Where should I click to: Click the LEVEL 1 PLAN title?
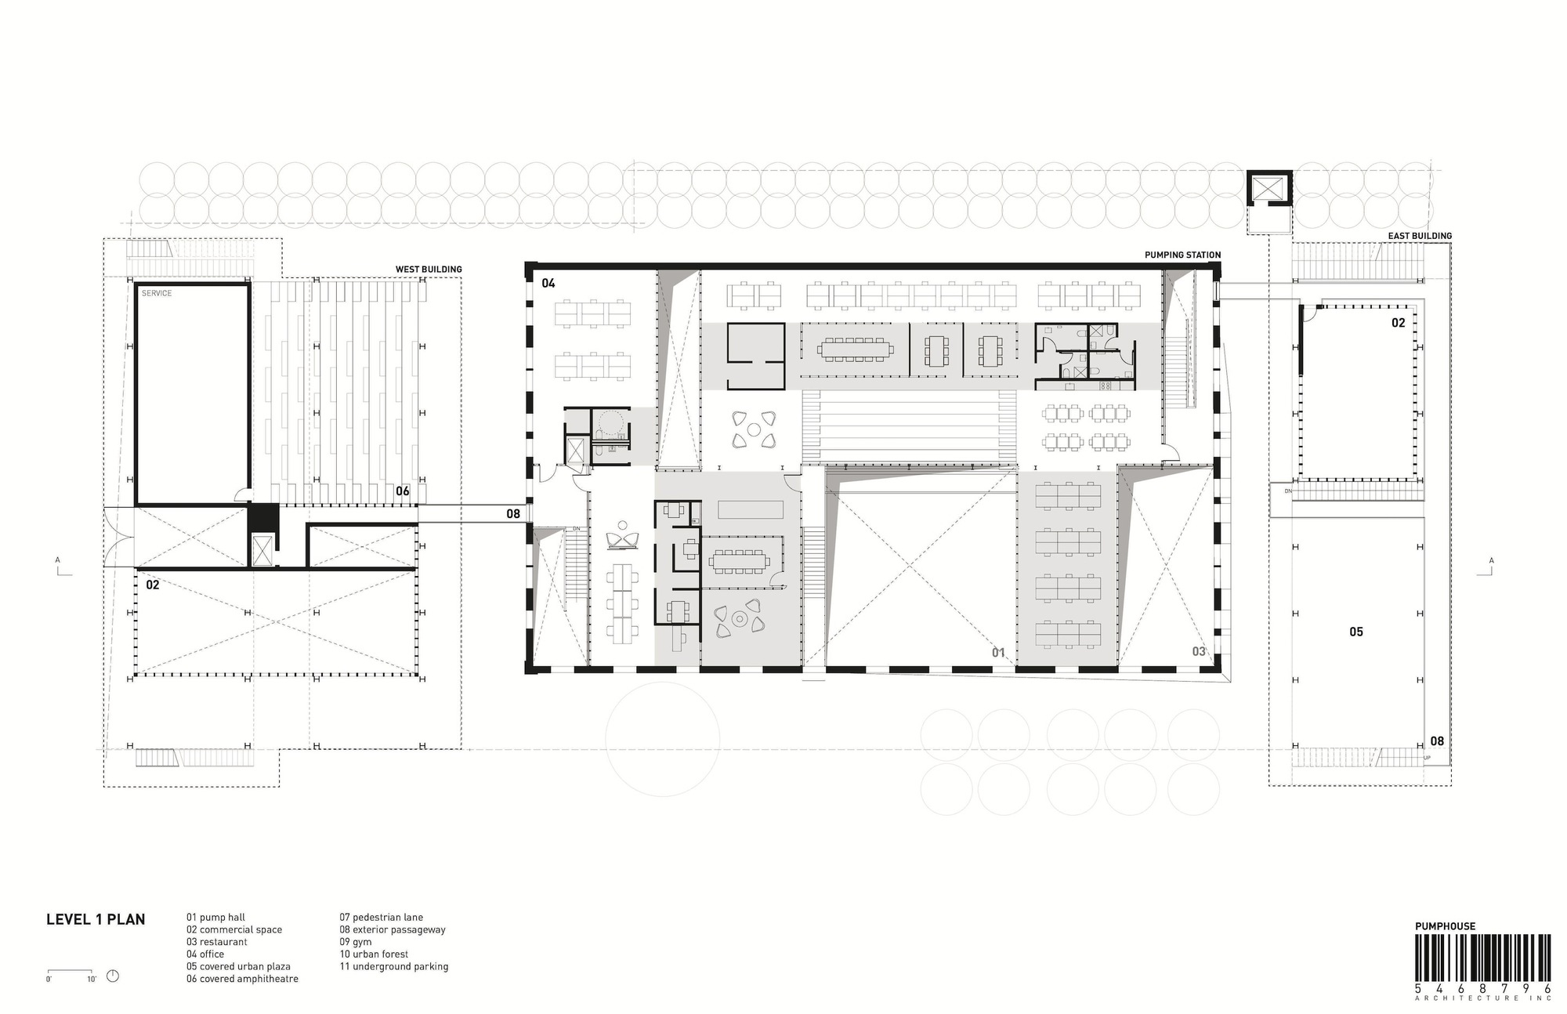click(x=96, y=919)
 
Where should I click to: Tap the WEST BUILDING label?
click(x=429, y=270)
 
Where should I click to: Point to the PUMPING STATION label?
click(x=1183, y=255)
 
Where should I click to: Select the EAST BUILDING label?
click(x=1420, y=236)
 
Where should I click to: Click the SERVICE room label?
click(x=157, y=293)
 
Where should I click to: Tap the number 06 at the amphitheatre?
click(x=402, y=491)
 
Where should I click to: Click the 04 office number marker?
click(x=548, y=283)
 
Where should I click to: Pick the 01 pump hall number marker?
click(x=998, y=652)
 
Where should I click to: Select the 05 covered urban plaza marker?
click(x=1356, y=632)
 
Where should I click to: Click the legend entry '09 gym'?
click(x=356, y=942)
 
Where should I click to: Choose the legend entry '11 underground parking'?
click(x=394, y=967)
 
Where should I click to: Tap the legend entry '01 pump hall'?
click(x=215, y=918)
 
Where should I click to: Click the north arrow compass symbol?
click(x=113, y=976)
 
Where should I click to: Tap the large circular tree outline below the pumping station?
click(x=663, y=739)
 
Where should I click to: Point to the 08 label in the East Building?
click(x=1437, y=741)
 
